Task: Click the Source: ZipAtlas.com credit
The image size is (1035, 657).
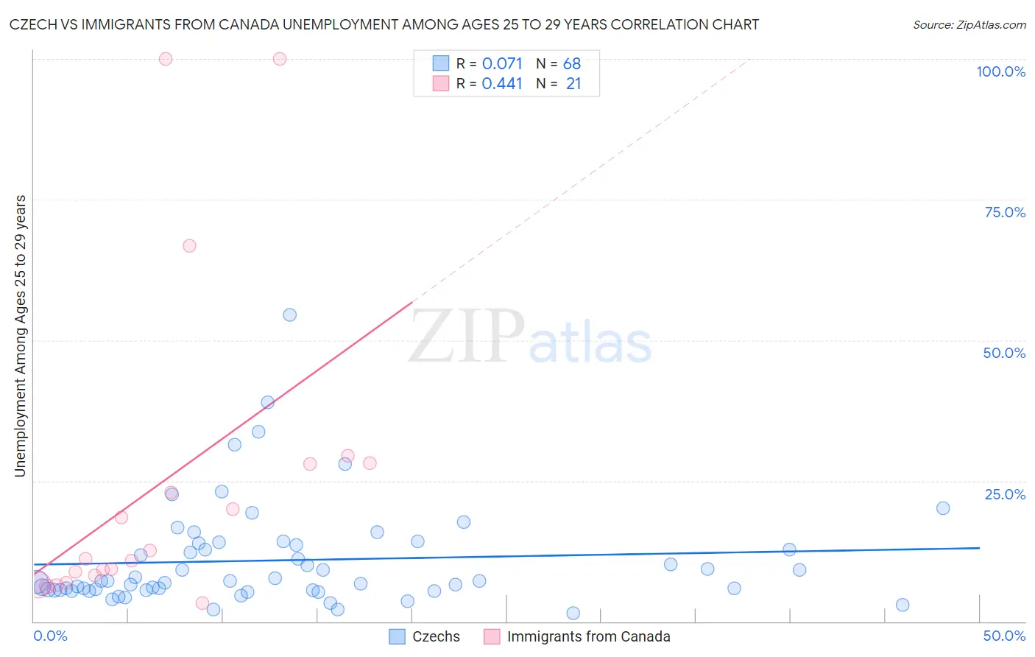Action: pos(969,24)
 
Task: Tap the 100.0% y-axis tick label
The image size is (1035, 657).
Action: pos(1000,71)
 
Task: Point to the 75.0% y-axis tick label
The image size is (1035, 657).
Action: pos(1005,212)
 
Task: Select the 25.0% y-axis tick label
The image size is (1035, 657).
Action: pos(1005,494)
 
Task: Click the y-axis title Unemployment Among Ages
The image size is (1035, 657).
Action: pos(20,336)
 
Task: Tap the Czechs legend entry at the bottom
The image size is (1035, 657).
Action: pos(425,636)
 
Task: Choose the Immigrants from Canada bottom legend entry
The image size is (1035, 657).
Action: pos(577,636)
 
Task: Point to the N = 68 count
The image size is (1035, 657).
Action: pos(559,64)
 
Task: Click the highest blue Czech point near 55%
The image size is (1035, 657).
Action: pos(290,315)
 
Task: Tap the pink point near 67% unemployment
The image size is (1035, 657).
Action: pos(189,246)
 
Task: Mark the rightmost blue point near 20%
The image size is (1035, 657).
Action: pos(943,508)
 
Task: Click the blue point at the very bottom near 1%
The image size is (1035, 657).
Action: pos(573,614)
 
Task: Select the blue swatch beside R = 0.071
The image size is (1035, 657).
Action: pos(440,63)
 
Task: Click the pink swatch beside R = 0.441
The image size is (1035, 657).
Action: pos(440,83)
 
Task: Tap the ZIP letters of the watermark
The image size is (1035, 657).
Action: pos(467,337)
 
